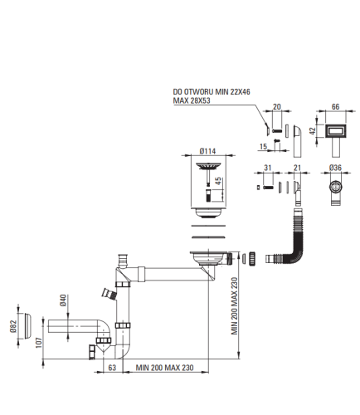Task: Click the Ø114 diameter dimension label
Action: click(x=207, y=151)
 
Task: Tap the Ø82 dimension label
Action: click(x=13, y=326)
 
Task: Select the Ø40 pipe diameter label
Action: click(x=63, y=300)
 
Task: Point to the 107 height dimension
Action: click(x=39, y=343)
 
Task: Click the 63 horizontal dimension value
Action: click(x=112, y=368)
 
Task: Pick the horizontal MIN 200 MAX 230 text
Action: click(x=164, y=368)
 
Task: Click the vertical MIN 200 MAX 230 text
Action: click(x=234, y=306)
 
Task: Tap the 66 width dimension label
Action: click(x=335, y=106)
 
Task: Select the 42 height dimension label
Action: click(x=312, y=131)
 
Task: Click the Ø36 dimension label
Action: click(x=335, y=168)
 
